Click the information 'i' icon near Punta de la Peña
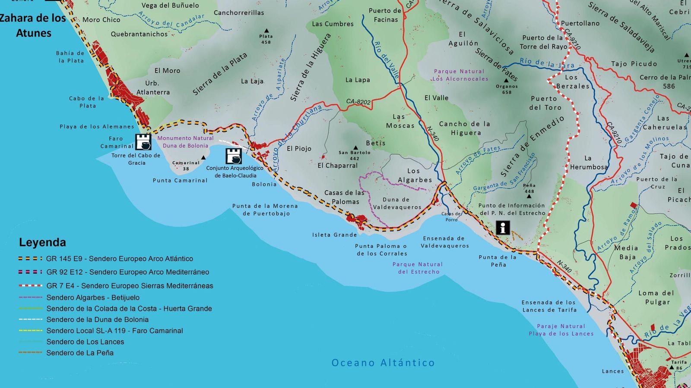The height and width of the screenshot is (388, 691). point(502,228)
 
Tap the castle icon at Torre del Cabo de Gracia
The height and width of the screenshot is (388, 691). point(143,142)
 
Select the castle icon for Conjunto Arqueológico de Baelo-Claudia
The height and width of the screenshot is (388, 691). point(234,156)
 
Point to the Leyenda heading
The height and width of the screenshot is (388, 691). point(42,242)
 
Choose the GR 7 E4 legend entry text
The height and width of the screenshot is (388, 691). point(130,286)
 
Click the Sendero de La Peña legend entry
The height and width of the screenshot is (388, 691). point(80,353)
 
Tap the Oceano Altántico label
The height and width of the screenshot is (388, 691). point(383,363)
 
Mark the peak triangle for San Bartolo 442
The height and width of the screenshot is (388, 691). point(355,147)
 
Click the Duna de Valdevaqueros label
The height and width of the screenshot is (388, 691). point(397,203)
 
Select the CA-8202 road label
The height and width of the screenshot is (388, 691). point(358,102)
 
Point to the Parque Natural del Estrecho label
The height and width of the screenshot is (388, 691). point(418,268)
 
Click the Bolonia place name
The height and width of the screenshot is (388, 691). point(264,185)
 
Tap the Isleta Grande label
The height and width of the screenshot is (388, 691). point(334,235)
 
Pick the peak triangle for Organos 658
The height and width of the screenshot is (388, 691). point(506,81)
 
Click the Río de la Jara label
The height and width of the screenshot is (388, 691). point(547,63)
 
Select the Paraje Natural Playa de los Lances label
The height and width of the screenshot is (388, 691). point(561,330)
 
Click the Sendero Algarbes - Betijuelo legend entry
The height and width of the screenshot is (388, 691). point(93,297)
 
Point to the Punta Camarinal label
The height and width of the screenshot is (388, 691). point(180,181)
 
